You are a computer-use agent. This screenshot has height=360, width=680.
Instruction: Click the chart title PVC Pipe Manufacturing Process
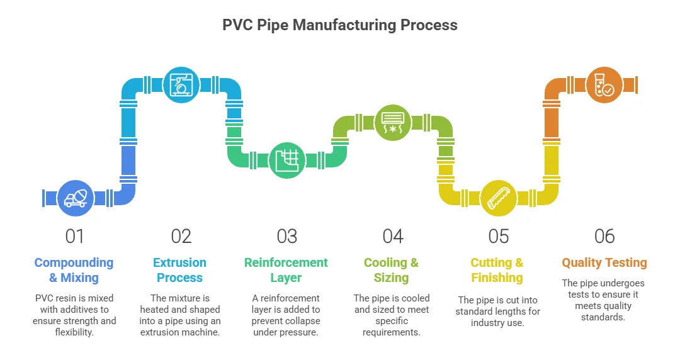(340, 25)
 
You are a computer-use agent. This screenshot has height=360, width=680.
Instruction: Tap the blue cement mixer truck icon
(76, 198)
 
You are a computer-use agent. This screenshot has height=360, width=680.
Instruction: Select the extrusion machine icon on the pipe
(181, 86)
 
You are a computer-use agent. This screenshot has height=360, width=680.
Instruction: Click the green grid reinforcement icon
(287, 160)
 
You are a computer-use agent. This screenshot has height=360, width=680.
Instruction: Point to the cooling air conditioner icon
(393, 122)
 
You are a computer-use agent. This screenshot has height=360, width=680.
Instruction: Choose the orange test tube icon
(604, 86)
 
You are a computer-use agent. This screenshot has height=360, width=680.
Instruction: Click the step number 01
(74, 236)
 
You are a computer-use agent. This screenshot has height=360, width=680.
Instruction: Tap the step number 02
(181, 236)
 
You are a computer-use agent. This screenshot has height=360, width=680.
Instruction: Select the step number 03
(286, 236)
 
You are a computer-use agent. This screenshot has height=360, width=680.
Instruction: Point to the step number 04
(392, 236)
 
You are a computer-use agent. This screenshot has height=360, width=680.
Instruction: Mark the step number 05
(498, 236)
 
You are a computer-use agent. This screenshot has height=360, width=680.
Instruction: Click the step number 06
(604, 236)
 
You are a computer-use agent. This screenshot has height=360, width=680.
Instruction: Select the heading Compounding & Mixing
(74, 270)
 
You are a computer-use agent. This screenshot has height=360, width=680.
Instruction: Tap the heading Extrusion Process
(180, 270)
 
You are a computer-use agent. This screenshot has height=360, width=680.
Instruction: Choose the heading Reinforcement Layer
(286, 270)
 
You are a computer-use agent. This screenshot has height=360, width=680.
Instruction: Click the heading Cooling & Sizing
(392, 270)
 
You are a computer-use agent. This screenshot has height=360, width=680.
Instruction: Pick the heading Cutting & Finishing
(497, 270)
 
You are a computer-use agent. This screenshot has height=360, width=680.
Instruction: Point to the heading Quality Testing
(604, 263)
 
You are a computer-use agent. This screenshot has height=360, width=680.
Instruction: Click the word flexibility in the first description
(74, 332)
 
